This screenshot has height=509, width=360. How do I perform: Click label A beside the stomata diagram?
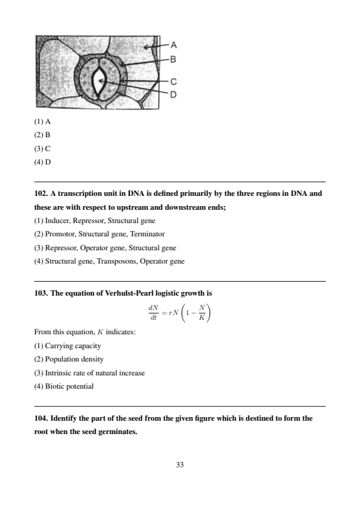tap(174, 45)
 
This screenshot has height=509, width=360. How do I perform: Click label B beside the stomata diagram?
tap(173, 59)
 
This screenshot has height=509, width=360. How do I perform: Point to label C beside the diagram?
tap(174, 82)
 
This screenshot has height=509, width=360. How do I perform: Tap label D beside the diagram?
tap(174, 94)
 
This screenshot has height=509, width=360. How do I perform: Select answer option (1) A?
tap(42, 122)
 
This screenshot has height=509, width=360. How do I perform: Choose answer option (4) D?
tap(42, 162)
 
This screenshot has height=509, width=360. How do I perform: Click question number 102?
tap(41, 193)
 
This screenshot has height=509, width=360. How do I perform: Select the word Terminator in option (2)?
tap(147, 234)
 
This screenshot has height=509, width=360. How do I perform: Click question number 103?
tap(41, 293)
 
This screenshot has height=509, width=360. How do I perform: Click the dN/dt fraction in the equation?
tap(153, 313)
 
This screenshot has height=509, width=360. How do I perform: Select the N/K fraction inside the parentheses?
tap(201, 313)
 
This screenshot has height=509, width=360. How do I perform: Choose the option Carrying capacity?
tap(73, 346)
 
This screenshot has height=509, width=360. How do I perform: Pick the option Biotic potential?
tap(69, 386)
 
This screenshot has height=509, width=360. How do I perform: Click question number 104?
tap(41, 418)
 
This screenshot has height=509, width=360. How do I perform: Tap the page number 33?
tap(180, 465)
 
